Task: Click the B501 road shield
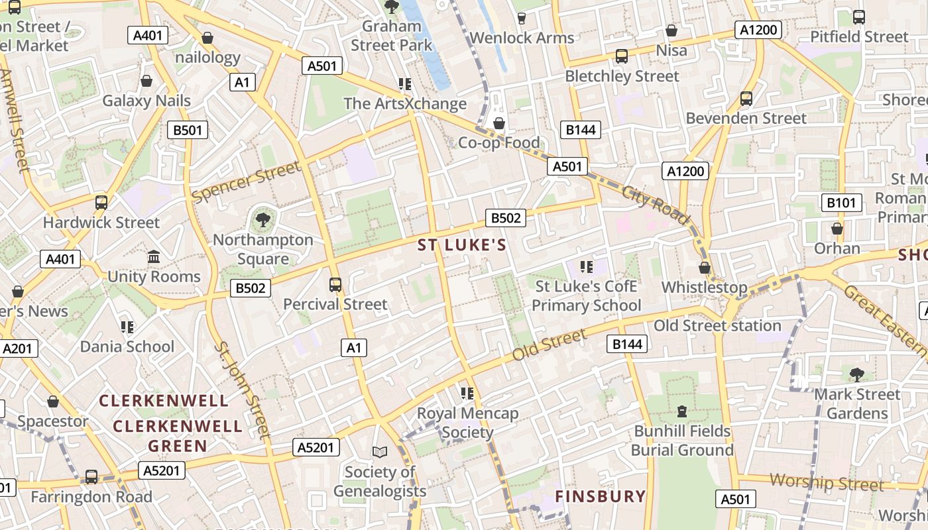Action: (x=187, y=130)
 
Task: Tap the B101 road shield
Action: (x=841, y=203)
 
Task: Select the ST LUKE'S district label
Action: (x=462, y=245)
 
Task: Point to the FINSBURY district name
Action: (x=600, y=496)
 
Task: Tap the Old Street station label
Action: (x=717, y=325)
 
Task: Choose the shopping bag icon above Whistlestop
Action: (x=705, y=268)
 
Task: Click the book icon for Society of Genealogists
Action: (x=379, y=452)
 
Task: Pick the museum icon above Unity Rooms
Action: (x=154, y=256)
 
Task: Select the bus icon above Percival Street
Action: (x=335, y=285)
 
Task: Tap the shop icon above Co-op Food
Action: (x=499, y=123)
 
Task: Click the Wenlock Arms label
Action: (x=522, y=38)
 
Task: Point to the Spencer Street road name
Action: (x=246, y=182)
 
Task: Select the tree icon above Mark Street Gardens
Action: (x=857, y=375)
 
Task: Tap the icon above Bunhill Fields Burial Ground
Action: (x=681, y=411)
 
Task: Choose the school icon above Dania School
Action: (x=127, y=327)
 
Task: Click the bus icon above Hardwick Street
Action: (x=101, y=203)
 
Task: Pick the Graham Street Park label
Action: (x=391, y=36)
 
